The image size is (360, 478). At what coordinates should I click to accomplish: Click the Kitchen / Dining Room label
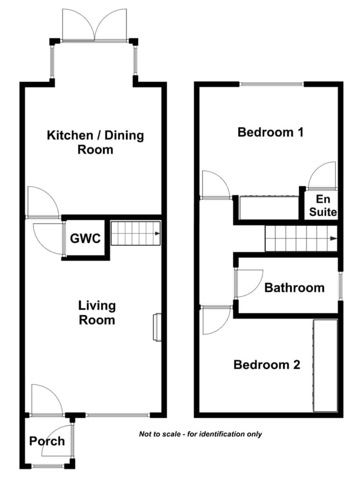coord(95,142)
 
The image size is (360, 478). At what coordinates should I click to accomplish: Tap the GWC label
coord(85,239)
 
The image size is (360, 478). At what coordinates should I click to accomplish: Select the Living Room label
coord(97,313)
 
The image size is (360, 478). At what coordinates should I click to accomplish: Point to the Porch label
coord(47,441)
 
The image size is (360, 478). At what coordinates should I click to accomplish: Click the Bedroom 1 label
coord(270,132)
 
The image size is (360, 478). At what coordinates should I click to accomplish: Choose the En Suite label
coord(323,205)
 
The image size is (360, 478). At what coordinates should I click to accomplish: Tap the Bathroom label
coord(295,288)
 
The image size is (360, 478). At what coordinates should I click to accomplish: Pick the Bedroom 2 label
coord(267,365)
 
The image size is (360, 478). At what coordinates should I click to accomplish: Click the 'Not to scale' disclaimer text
coord(201,434)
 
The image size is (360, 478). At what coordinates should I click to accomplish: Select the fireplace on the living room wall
coord(157,327)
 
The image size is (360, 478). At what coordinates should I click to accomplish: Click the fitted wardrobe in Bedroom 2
coord(325,366)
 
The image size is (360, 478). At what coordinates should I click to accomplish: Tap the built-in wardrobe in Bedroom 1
coord(269,208)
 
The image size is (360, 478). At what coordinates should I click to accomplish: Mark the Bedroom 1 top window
coord(271,84)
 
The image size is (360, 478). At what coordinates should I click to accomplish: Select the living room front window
coord(118,415)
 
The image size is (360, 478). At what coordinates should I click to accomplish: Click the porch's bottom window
coord(48,466)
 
